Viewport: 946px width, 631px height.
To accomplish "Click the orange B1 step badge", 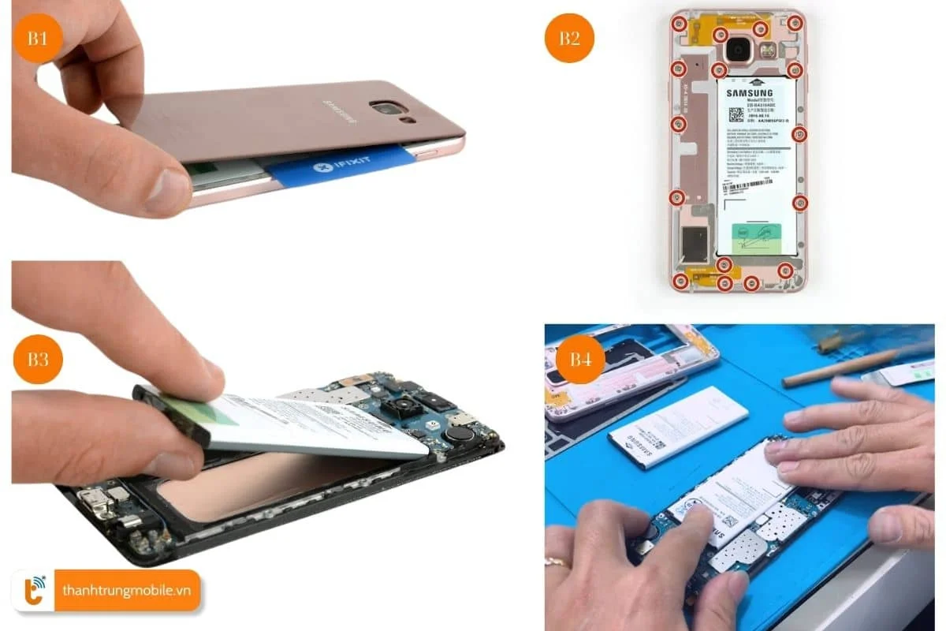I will [37, 38].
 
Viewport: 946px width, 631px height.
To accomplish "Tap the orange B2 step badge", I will [569, 38].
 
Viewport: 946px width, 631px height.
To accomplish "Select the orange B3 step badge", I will [37, 360].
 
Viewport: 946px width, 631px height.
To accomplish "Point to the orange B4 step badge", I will [580, 360].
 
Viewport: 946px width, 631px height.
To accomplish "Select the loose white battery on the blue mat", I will [678, 426].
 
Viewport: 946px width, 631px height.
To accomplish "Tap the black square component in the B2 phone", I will [694, 245].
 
